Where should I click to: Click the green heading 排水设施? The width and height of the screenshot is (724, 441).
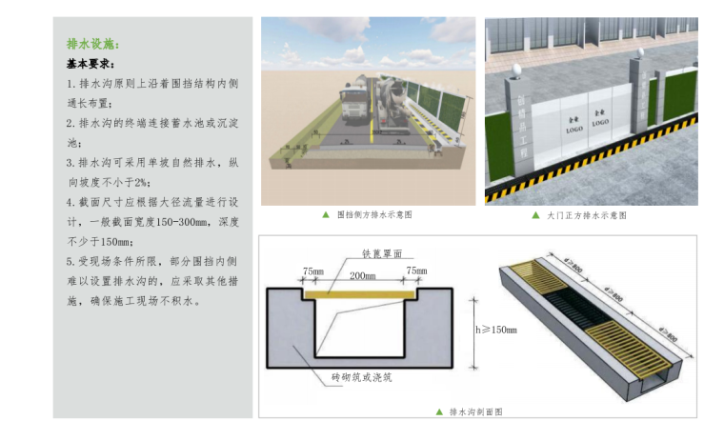click(92, 44)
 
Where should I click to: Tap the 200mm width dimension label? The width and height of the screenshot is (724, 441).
click(362, 275)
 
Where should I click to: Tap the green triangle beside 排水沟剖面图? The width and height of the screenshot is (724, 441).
click(439, 412)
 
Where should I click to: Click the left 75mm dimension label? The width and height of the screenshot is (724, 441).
click(312, 272)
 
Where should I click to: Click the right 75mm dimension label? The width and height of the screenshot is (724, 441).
click(416, 272)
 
